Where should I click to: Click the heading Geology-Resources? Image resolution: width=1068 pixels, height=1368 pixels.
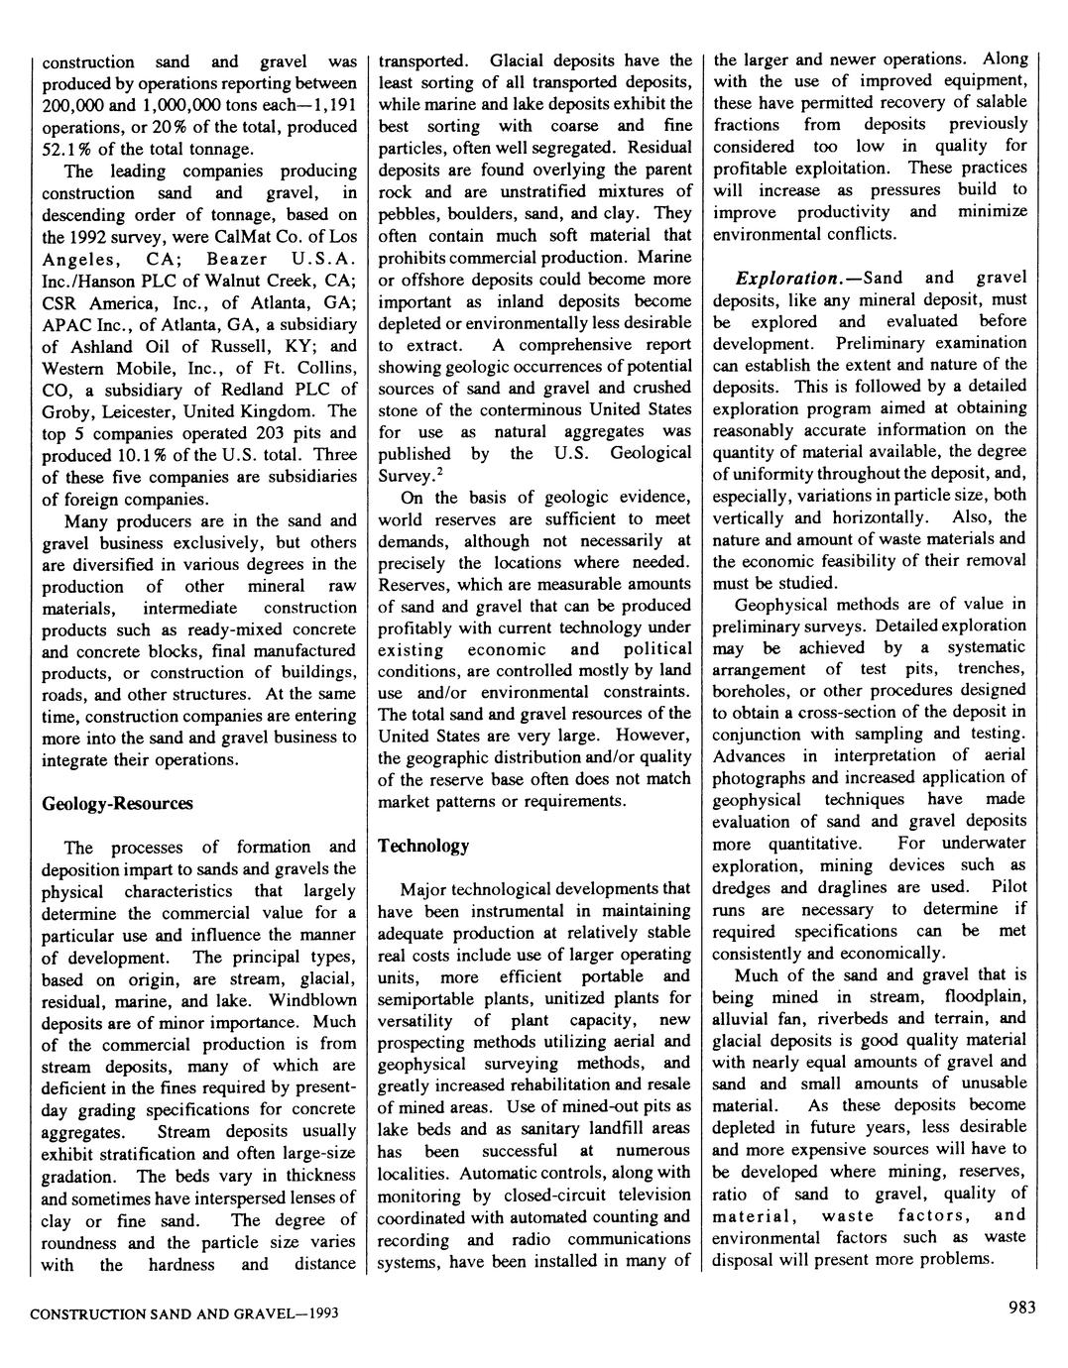pyautogui.click(x=117, y=804)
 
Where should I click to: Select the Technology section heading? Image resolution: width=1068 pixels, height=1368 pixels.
pyautogui.click(x=423, y=846)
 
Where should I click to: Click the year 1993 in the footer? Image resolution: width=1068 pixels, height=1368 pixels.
pyautogui.click(x=319, y=1314)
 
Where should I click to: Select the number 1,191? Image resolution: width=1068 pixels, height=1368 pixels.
pyautogui.click(x=333, y=105)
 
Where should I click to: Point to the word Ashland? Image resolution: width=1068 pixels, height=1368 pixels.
pyautogui.click(x=100, y=346)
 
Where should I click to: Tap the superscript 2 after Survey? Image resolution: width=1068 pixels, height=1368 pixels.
pyautogui.click(x=439, y=471)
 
